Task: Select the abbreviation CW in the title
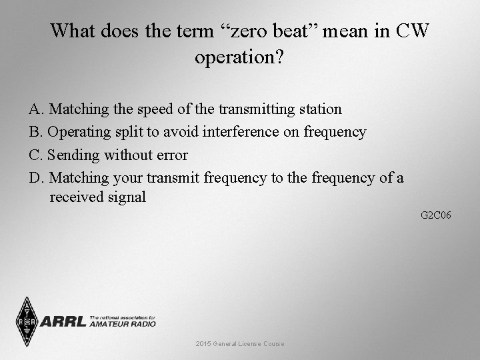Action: pyautogui.click(x=413, y=31)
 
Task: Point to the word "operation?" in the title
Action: pyautogui.click(x=239, y=57)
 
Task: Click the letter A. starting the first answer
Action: pyautogui.click(x=37, y=109)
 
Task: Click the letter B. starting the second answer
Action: pyautogui.click(x=37, y=132)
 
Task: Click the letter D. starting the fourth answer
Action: pyautogui.click(x=37, y=178)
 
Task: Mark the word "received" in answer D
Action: pyautogui.click(x=77, y=197)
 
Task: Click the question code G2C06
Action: pyautogui.click(x=436, y=215)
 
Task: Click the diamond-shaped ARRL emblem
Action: pyautogui.click(x=27, y=321)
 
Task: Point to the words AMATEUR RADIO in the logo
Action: pyautogui.click(x=122, y=324)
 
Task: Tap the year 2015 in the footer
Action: pyautogui.click(x=203, y=344)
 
